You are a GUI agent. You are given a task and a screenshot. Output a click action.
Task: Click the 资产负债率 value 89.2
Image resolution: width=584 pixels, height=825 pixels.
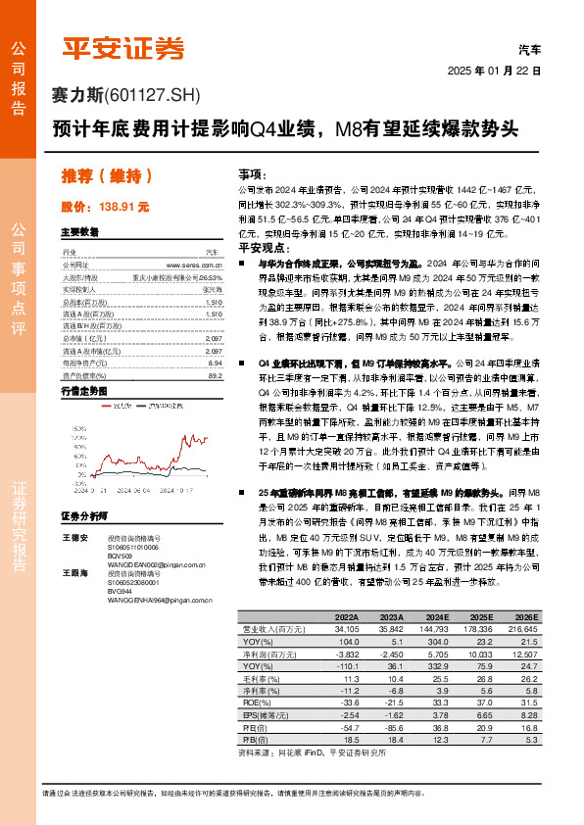pyautogui.click(x=215, y=375)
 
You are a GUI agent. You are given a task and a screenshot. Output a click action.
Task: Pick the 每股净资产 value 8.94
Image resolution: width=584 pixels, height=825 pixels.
pyautogui.click(x=215, y=362)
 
